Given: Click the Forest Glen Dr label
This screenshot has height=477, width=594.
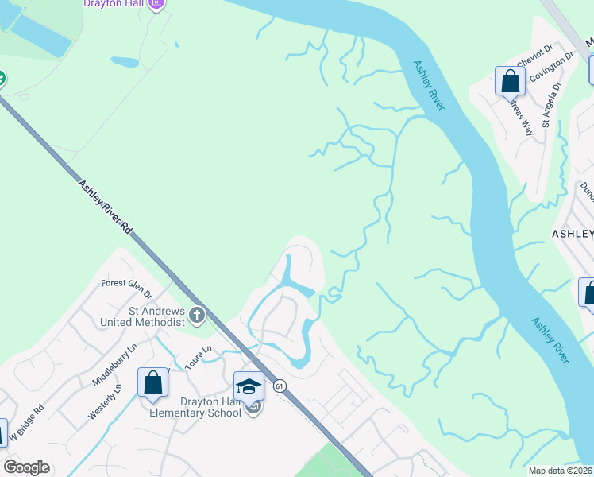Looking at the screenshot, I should tap(126, 282).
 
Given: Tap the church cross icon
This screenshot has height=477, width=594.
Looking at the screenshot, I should tap(197, 316).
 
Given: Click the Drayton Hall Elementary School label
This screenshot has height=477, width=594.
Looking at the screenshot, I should tap(199, 406).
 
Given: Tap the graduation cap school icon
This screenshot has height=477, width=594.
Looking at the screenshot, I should tap(249, 387).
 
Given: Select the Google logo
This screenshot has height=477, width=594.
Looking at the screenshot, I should tap(26, 467).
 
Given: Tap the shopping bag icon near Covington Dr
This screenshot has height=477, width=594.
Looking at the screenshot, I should tap(509, 80).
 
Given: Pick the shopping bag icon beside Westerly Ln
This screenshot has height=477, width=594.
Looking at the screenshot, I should tap(153, 382).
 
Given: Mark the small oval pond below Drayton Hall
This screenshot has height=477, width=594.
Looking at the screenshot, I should tap(125, 61).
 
